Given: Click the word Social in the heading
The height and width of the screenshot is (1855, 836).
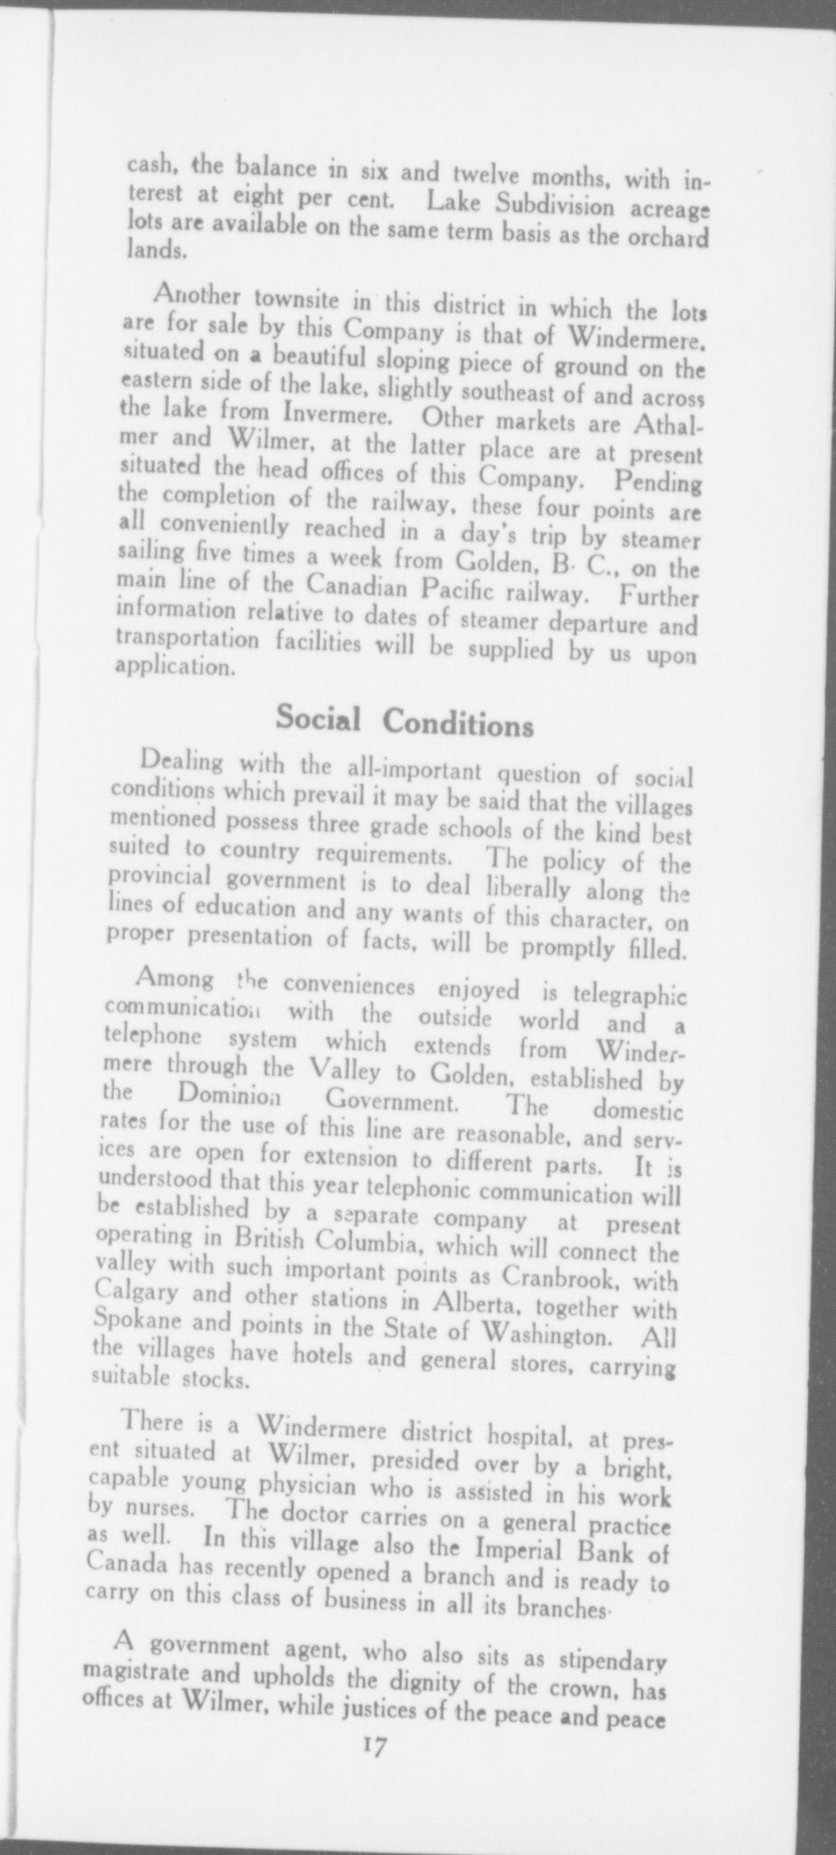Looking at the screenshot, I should coord(318,718).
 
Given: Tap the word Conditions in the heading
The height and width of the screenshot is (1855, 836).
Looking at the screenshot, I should coord(458,724).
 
